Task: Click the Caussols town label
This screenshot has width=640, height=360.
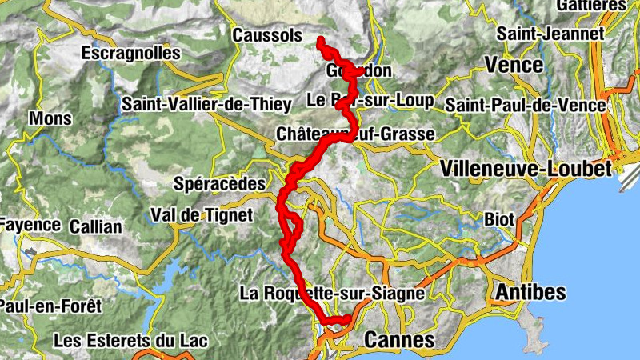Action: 267,36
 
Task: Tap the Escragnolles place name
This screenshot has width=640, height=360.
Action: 130,54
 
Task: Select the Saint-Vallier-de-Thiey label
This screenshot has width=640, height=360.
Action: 195,104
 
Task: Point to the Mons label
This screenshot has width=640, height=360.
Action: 50,119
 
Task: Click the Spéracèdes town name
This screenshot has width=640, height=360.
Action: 219,184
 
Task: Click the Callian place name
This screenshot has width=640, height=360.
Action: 95,226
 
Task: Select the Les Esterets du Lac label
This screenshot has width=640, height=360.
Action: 130,341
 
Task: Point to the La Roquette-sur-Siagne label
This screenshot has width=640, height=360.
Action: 331,294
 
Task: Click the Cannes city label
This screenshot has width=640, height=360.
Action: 399,340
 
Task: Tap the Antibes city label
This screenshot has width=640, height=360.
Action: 530,292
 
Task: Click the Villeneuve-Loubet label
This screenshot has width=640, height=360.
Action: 526,168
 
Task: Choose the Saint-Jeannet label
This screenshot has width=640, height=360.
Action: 550,34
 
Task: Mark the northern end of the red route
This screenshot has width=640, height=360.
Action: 320,39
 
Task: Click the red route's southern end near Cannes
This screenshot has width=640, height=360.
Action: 349,320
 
